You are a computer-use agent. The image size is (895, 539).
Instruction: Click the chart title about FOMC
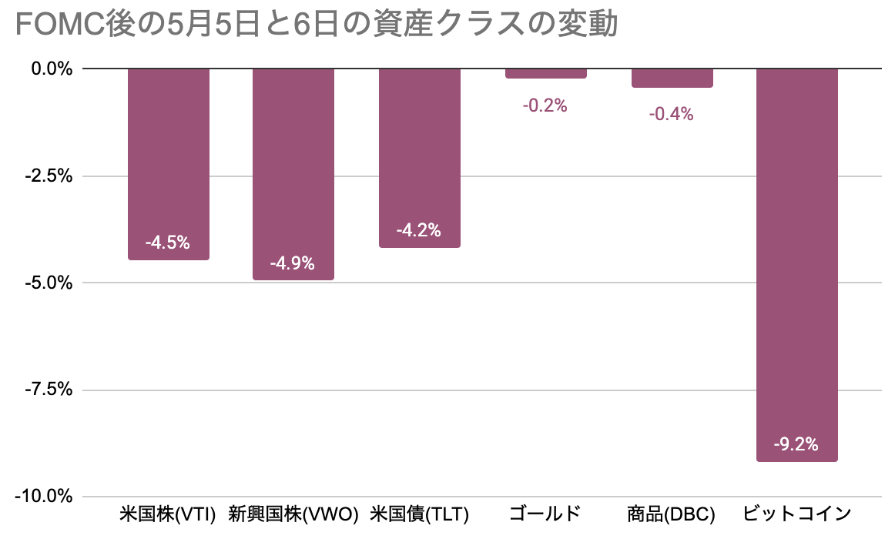[x=316, y=25]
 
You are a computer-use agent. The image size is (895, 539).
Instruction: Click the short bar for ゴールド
[x=546, y=73]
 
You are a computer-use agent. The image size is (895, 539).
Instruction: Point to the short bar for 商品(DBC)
[x=672, y=78]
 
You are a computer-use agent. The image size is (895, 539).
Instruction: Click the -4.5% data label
[x=167, y=243]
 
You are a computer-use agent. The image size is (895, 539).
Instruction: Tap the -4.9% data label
[x=293, y=263]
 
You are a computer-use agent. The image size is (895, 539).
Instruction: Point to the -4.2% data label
[x=418, y=230]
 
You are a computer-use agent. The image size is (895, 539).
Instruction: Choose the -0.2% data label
[x=545, y=106]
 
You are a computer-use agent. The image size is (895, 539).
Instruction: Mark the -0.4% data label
[x=671, y=115]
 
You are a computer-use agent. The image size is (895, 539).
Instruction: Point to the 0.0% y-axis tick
[x=52, y=69]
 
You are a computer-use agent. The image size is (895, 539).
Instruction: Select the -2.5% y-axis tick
[x=50, y=176]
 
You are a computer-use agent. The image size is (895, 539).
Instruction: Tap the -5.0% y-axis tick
[x=50, y=283]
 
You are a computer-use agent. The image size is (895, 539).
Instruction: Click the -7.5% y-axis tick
[x=50, y=390]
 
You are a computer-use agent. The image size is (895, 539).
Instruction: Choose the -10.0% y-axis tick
[x=47, y=497]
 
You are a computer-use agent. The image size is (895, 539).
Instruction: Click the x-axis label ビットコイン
[x=796, y=514]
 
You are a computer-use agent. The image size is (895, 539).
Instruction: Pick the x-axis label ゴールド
[x=545, y=514]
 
